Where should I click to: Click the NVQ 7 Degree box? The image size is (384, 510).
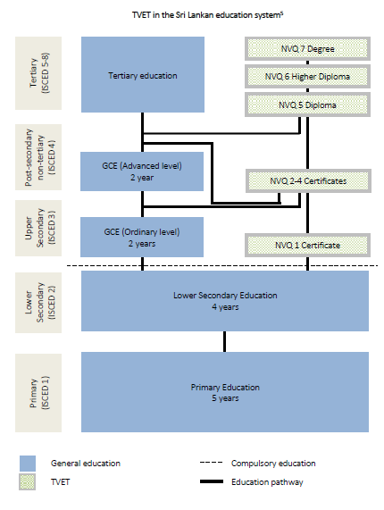[x=307, y=49]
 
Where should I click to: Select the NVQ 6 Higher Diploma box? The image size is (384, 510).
[x=307, y=77]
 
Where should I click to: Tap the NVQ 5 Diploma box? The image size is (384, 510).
[x=307, y=105]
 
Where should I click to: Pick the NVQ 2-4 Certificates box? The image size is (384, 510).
[x=308, y=180]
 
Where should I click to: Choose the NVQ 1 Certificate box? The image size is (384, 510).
[x=307, y=245]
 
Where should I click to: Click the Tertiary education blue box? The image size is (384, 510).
[x=143, y=74]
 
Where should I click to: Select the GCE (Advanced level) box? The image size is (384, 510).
[x=142, y=171]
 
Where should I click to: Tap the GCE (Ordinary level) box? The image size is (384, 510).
[x=142, y=237]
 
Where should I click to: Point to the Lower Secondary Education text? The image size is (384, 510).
[x=225, y=296]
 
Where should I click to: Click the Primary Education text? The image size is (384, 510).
[x=225, y=387]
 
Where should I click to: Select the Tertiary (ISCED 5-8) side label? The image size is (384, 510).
[x=38, y=73]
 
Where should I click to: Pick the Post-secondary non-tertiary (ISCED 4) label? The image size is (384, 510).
[x=38, y=157]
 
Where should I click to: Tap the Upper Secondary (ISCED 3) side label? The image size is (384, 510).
[x=38, y=228]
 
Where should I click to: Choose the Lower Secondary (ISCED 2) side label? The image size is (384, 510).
[x=38, y=303]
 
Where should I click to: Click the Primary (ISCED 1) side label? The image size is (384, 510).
[x=38, y=393]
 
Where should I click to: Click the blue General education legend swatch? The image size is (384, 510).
[x=28, y=464]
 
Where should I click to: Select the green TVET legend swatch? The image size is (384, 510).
[x=28, y=482]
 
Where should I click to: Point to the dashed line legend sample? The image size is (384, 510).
[x=212, y=462]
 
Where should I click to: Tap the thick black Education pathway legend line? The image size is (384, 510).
[x=212, y=481]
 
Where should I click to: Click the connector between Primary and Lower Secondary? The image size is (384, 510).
[x=225, y=341]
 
